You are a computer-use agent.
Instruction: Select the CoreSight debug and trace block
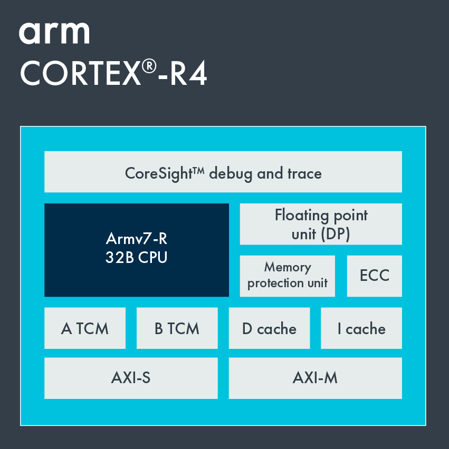click(x=223, y=172)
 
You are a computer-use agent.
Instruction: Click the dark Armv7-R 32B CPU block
click(x=136, y=250)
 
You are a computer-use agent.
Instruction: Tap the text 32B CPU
click(x=136, y=258)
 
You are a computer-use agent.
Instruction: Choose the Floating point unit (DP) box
click(x=321, y=224)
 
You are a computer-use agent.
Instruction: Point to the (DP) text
click(x=336, y=233)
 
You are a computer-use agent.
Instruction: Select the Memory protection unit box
click(x=287, y=276)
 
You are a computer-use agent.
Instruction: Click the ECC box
click(x=374, y=276)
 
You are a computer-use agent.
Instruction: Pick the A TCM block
click(x=85, y=328)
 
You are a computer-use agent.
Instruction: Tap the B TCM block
click(x=177, y=328)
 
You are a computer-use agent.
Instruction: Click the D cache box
click(x=269, y=328)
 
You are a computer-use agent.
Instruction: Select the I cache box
click(x=361, y=328)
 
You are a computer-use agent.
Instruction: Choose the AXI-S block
click(x=131, y=378)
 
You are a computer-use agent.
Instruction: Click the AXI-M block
click(x=315, y=378)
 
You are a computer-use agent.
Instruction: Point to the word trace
click(x=304, y=173)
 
